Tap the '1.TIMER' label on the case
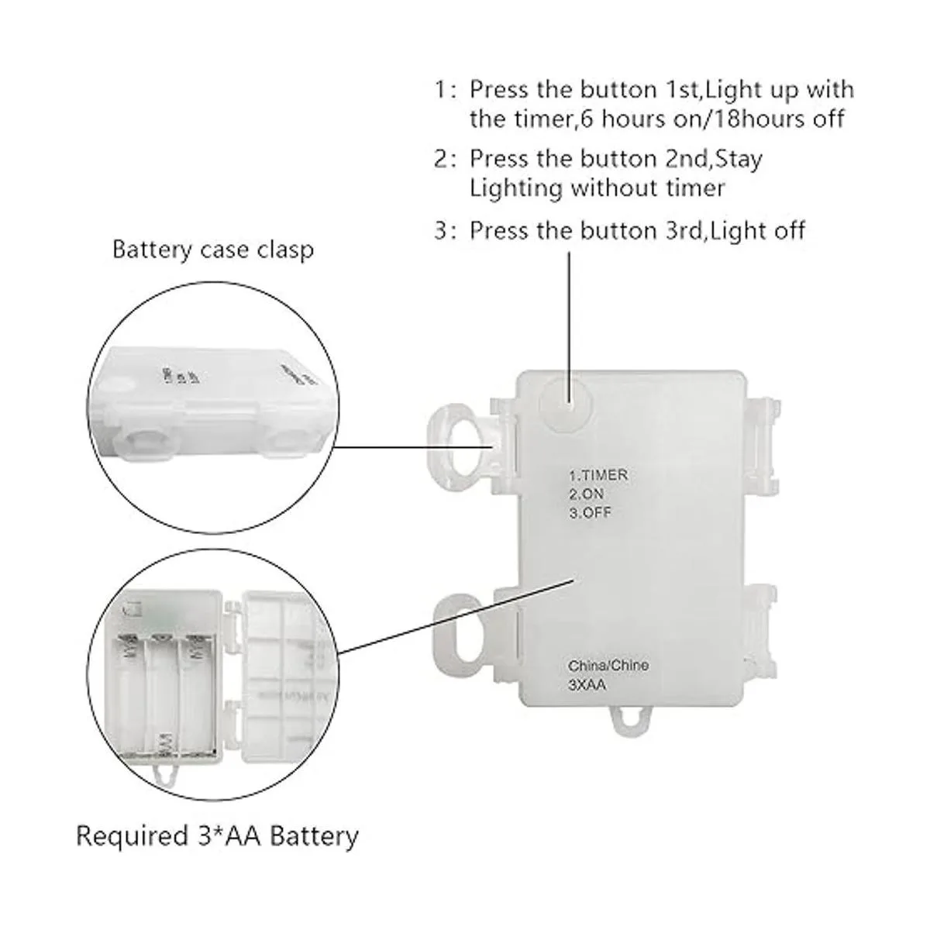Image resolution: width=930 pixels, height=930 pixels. pyautogui.click(x=598, y=475)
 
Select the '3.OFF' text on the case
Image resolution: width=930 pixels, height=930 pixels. pyautogui.click(x=590, y=512)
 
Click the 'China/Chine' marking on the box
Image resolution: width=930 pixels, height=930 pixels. pyautogui.click(x=608, y=665)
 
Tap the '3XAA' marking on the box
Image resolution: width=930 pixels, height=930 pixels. pyautogui.click(x=586, y=684)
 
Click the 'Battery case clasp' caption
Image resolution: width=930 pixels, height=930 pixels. pyautogui.click(x=213, y=250)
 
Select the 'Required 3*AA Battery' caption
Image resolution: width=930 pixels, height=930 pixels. pyautogui.click(x=217, y=835)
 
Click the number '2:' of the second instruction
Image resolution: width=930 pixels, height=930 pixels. pyautogui.click(x=445, y=159)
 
